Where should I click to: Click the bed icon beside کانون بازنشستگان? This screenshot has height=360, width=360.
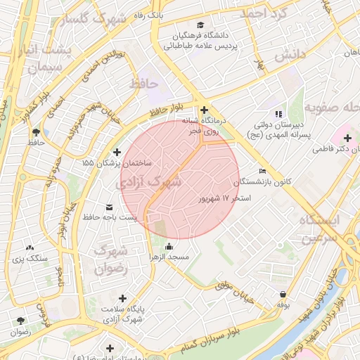[263, 171]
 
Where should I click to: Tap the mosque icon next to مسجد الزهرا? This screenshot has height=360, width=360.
[169, 247]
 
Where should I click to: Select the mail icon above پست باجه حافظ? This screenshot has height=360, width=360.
[109, 207]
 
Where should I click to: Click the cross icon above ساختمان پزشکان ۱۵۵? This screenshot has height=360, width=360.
[117, 151]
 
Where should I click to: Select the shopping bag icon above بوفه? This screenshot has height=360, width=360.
[283, 295]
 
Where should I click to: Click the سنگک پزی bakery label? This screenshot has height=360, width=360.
[30, 258]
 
